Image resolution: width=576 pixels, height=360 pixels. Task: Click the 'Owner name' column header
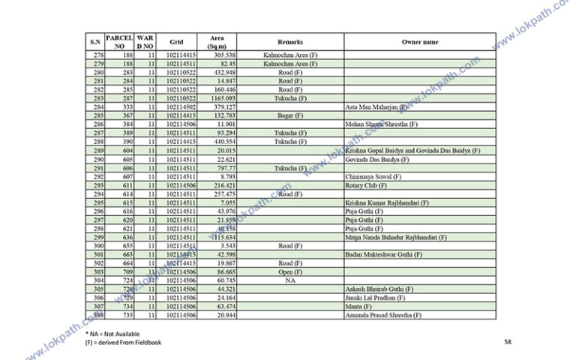point(420,42)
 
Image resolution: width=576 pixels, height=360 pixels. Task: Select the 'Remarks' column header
point(290,42)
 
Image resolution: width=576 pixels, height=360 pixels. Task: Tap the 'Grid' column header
point(176,42)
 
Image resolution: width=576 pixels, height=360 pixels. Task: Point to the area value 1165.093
point(223,98)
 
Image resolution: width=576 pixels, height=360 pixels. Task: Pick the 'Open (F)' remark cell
point(290,272)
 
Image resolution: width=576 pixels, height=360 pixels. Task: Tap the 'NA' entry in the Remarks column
point(290,280)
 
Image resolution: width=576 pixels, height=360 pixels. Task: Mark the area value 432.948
point(225,72)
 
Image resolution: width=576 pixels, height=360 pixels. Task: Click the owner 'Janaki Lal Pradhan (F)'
point(376,298)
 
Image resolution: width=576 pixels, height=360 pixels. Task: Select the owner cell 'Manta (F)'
point(358,307)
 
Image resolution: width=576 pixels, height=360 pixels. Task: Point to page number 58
point(508,342)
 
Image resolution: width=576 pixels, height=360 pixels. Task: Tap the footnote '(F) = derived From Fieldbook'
point(123,343)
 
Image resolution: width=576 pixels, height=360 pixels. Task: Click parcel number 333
point(128,107)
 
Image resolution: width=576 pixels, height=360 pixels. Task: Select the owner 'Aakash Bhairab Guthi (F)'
point(379,289)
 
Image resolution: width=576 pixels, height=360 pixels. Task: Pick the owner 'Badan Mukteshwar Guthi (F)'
point(382,255)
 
